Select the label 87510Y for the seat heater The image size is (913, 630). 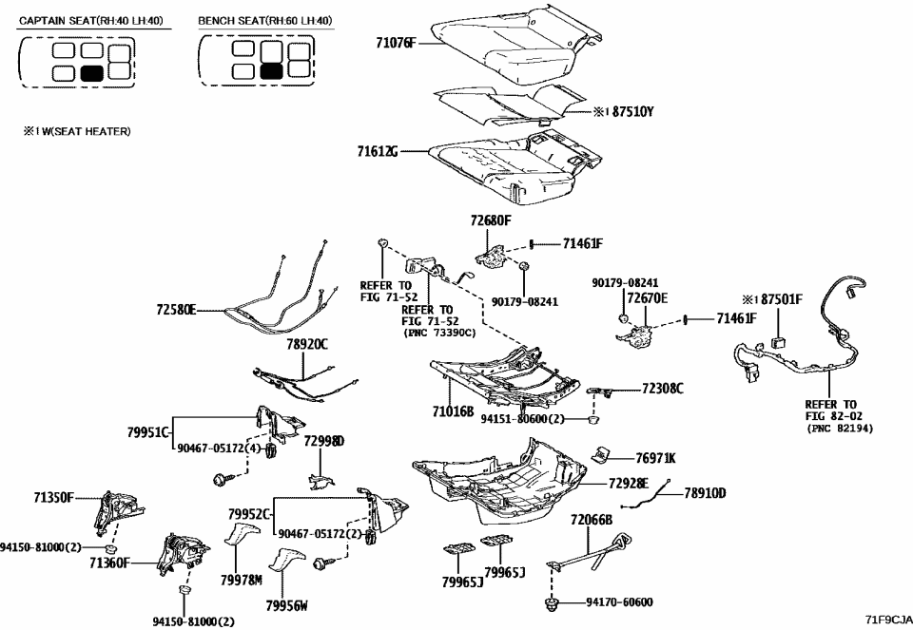632,112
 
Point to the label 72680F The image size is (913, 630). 490,220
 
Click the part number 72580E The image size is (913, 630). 175,310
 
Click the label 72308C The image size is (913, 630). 662,389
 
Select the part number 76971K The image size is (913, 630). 655,458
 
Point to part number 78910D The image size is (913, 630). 705,492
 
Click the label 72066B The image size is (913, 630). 591,520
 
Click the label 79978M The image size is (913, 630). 243,580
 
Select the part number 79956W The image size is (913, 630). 287,604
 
